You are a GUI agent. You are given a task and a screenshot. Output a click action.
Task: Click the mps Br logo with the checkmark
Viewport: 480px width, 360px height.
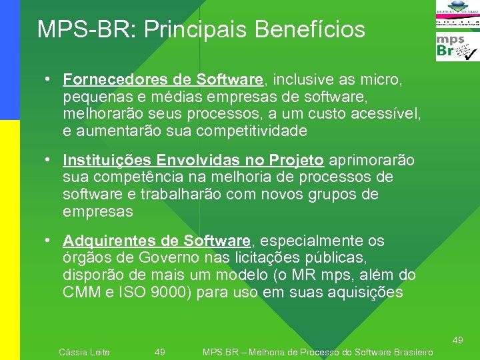[457, 47]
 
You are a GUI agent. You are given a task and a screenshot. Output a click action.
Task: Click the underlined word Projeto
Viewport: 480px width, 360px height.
[297, 161]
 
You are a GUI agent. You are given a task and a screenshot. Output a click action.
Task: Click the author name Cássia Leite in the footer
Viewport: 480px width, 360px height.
[85, 352]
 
